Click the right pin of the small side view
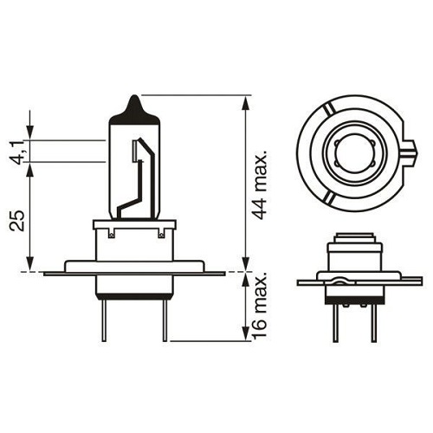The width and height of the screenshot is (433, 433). pos(372,320)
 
